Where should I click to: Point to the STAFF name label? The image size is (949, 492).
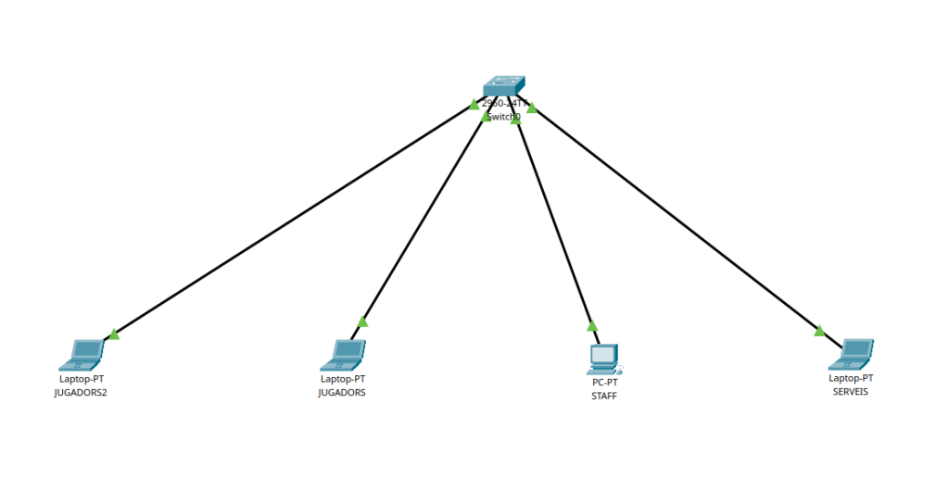coord(603,396)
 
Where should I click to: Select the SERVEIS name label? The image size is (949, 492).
coord(851,392)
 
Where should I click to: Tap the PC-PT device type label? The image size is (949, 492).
coord(604,382)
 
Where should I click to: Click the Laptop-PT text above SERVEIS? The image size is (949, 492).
coord(851,378)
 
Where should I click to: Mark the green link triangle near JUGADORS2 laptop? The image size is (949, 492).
coord(113,334)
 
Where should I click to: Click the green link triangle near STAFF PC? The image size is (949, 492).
coord(592,326)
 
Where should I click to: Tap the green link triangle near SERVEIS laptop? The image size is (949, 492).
coord(819,330)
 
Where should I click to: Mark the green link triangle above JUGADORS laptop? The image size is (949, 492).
coord(362,322)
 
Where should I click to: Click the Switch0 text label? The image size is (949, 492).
coord(503,118)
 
